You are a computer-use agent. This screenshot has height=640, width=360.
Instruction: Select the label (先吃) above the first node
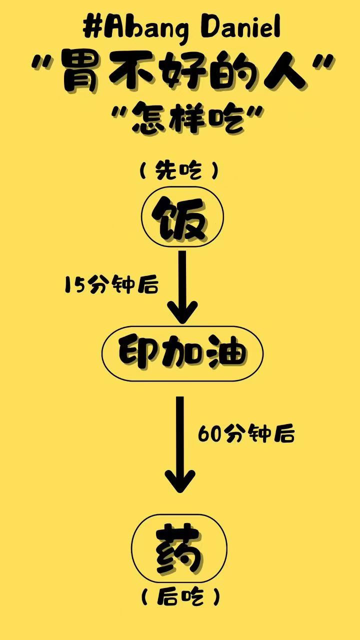(179, 171)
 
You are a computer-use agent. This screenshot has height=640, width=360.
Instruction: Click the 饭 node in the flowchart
(182, 217)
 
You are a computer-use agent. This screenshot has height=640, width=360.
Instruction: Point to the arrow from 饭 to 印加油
(182, 287)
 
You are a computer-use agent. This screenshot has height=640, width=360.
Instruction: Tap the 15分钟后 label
(111, 284)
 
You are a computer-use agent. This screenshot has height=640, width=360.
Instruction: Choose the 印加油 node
(182, 353)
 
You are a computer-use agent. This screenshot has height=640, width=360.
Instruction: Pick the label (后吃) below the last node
(180, 597)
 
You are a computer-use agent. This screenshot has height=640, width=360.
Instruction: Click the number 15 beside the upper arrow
(75, 284)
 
